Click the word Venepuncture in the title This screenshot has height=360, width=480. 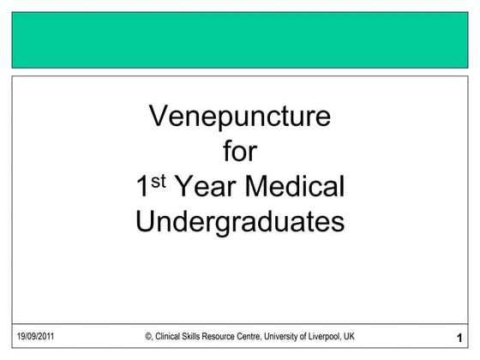239,117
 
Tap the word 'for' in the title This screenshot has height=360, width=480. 239,152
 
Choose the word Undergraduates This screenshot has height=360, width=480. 239,221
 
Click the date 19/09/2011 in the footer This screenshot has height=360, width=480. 36,336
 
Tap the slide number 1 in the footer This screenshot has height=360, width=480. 460,337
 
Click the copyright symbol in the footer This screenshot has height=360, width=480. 148,336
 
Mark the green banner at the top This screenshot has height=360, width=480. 239,39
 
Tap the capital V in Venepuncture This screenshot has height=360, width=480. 158,117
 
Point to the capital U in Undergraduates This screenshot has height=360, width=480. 146,221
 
